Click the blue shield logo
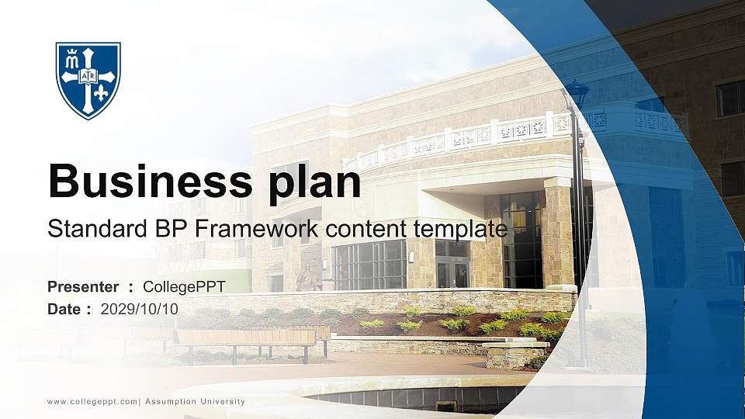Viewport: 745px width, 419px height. (x=88, y=80)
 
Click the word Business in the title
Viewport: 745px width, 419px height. (x=144, y=182)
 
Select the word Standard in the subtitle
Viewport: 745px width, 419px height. (x=86, y=229)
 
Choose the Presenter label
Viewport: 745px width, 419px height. (x=83, y=287)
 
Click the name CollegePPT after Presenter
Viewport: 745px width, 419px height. (x=184, y=287)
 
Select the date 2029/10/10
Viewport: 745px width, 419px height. (x=140, y=309)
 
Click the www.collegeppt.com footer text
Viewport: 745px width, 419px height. (x=92, y=402)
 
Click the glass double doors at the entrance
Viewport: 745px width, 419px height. (x=452, y=272)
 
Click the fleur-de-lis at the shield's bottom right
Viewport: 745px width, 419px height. (x=102, y=94)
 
